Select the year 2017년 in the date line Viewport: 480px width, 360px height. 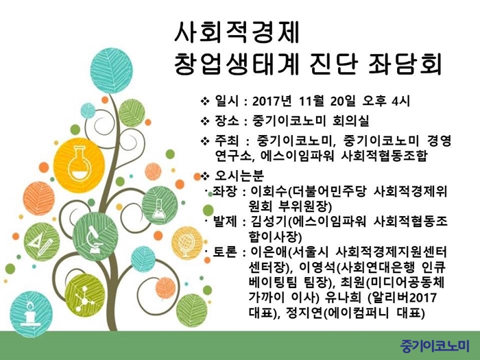[272, 101]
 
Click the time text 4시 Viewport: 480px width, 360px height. [400, 101]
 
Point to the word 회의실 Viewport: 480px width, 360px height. [350, 121]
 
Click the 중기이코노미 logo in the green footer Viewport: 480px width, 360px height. [435, 346]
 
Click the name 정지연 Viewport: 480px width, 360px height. [304, 313]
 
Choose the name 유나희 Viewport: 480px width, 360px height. [344, 297]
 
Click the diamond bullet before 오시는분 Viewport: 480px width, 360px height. [205, 176]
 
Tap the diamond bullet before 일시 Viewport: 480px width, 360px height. [205, 101]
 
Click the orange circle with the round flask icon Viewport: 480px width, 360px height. [80, 165]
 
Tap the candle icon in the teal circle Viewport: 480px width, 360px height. [30, 313]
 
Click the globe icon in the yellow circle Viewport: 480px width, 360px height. [187, 244]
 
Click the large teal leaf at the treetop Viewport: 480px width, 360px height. [111, 71]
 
